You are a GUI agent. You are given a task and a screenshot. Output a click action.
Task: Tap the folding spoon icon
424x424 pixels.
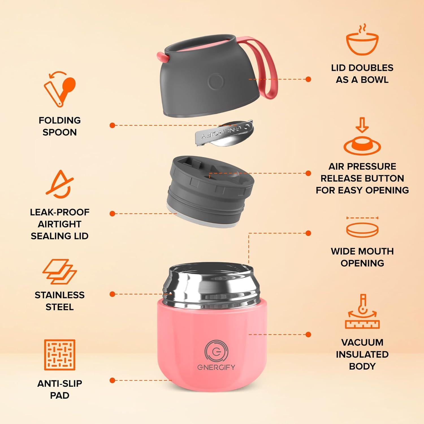60,89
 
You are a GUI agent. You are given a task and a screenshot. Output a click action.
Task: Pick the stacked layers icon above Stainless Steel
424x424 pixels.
60,271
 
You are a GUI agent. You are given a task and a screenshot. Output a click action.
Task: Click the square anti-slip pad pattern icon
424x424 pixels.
60,355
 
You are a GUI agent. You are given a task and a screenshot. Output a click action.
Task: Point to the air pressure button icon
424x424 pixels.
362,137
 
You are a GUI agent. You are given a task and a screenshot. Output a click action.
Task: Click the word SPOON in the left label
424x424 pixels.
60,132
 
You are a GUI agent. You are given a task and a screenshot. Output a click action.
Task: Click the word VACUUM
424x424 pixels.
362,342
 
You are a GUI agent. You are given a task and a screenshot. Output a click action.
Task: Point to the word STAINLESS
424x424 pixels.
60,295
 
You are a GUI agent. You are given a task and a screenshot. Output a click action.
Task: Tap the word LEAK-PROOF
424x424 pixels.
60,212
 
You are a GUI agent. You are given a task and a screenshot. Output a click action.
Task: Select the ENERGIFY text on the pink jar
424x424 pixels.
216,367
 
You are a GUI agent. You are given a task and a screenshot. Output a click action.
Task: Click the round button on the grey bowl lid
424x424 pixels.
216,81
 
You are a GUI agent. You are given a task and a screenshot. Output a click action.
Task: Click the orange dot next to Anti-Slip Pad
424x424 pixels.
113,380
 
